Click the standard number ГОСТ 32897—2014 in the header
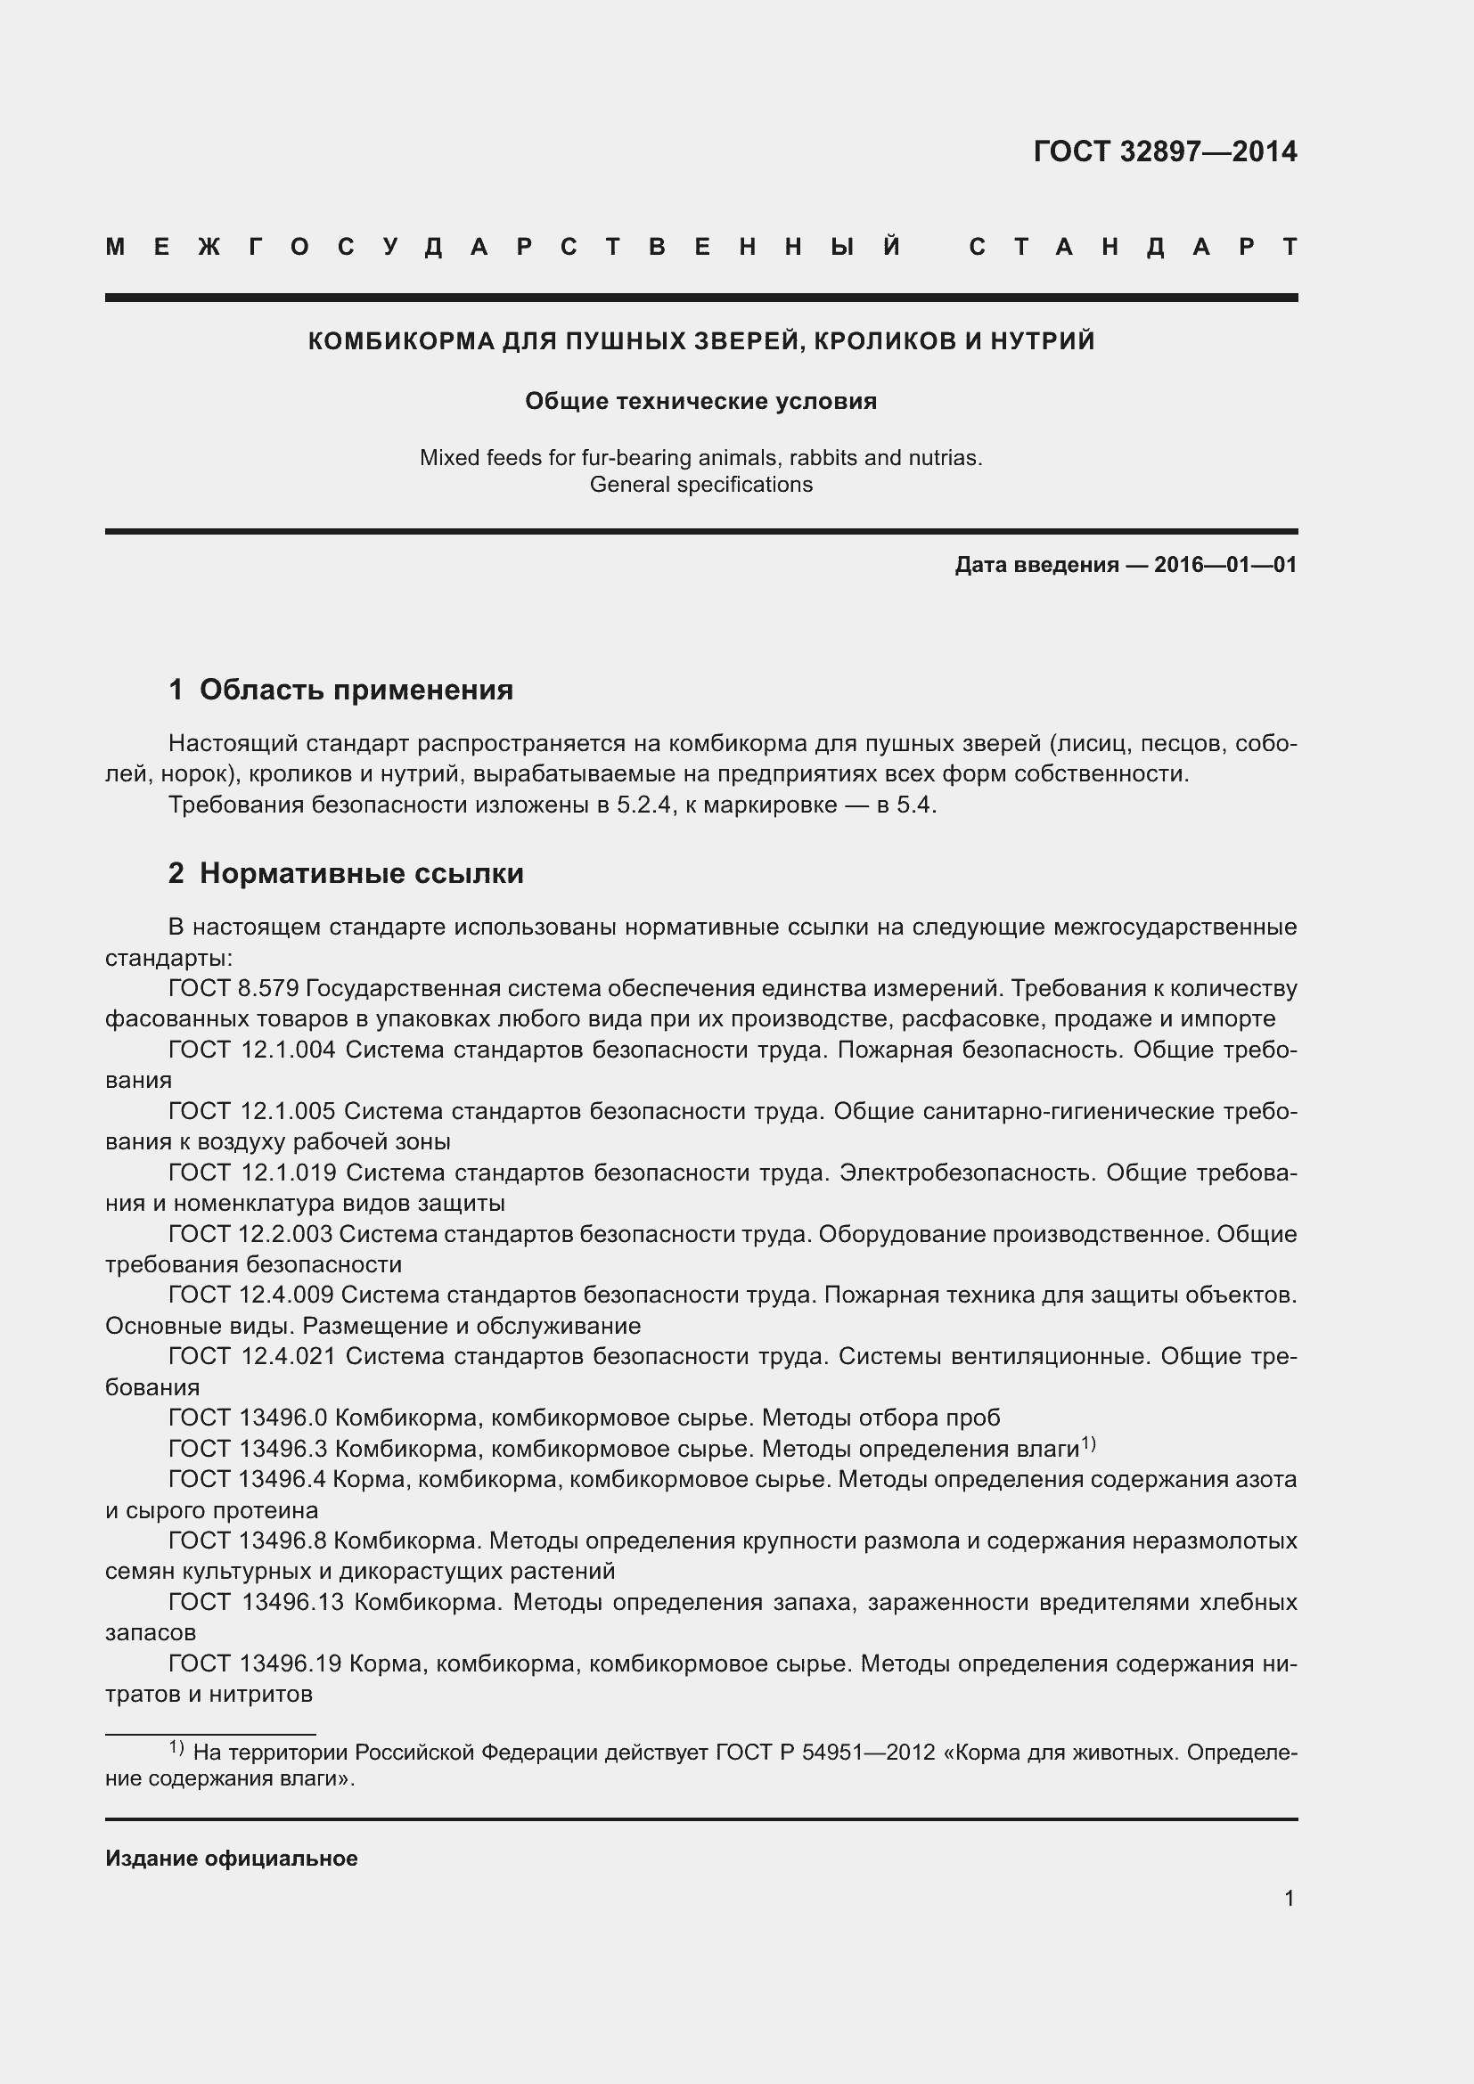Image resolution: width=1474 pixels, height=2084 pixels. point(1165,151)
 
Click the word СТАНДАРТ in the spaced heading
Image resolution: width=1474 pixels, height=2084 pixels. point(1133,247)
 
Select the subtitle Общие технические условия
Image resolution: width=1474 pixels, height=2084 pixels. point(700,401)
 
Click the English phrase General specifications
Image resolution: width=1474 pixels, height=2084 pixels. point(700,485)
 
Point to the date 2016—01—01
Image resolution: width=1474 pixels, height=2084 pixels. point(1225,565)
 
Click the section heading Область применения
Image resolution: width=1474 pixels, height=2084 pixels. point(356,690)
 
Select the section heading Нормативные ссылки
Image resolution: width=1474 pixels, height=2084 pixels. point(361,873)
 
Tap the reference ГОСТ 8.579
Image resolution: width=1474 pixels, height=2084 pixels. point(233,988)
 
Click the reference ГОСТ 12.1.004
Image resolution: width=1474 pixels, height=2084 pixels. point(251,1050)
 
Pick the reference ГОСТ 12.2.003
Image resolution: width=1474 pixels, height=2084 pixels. point(250,1234)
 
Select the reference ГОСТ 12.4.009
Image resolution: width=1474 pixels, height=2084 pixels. point(250,1295)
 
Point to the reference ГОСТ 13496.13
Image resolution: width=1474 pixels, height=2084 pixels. point(256,1602)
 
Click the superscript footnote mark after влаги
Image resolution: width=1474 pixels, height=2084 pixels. point(1088,1443)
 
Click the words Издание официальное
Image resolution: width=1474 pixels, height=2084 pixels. point(232,1859)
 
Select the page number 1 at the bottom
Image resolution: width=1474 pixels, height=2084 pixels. point(1289,1898)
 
